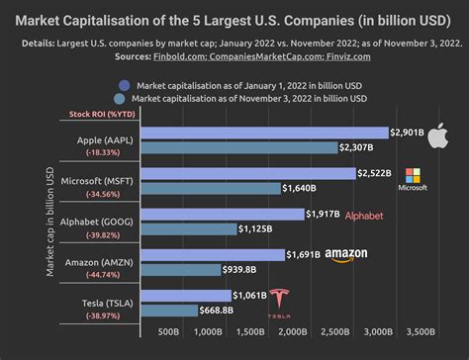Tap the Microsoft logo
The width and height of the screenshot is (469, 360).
(412, 179)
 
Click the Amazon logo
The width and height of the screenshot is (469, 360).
(343, 255)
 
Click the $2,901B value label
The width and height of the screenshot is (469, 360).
(409, 132)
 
